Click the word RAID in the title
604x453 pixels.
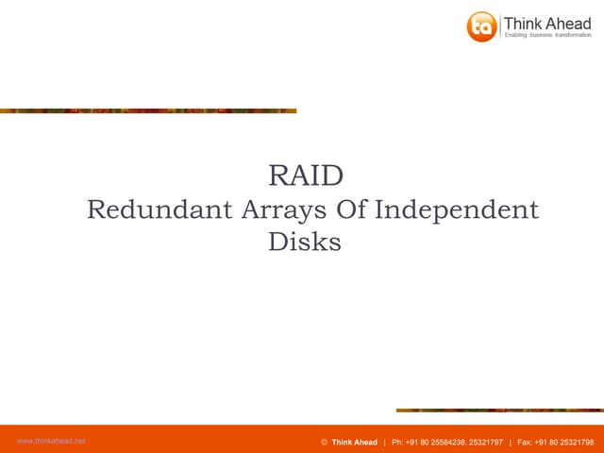305,176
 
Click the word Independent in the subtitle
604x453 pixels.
458,210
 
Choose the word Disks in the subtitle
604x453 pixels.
304,242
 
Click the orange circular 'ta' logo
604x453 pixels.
481,25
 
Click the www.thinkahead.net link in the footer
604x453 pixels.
51,441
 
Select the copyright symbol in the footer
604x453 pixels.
324,442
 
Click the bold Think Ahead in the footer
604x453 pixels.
354,442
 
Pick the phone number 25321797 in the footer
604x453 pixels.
482,442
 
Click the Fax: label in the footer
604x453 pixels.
526,442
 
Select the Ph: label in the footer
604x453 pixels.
398,442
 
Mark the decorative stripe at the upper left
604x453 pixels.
148,110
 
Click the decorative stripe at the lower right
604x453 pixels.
499,410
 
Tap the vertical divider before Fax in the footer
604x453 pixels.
510,442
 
